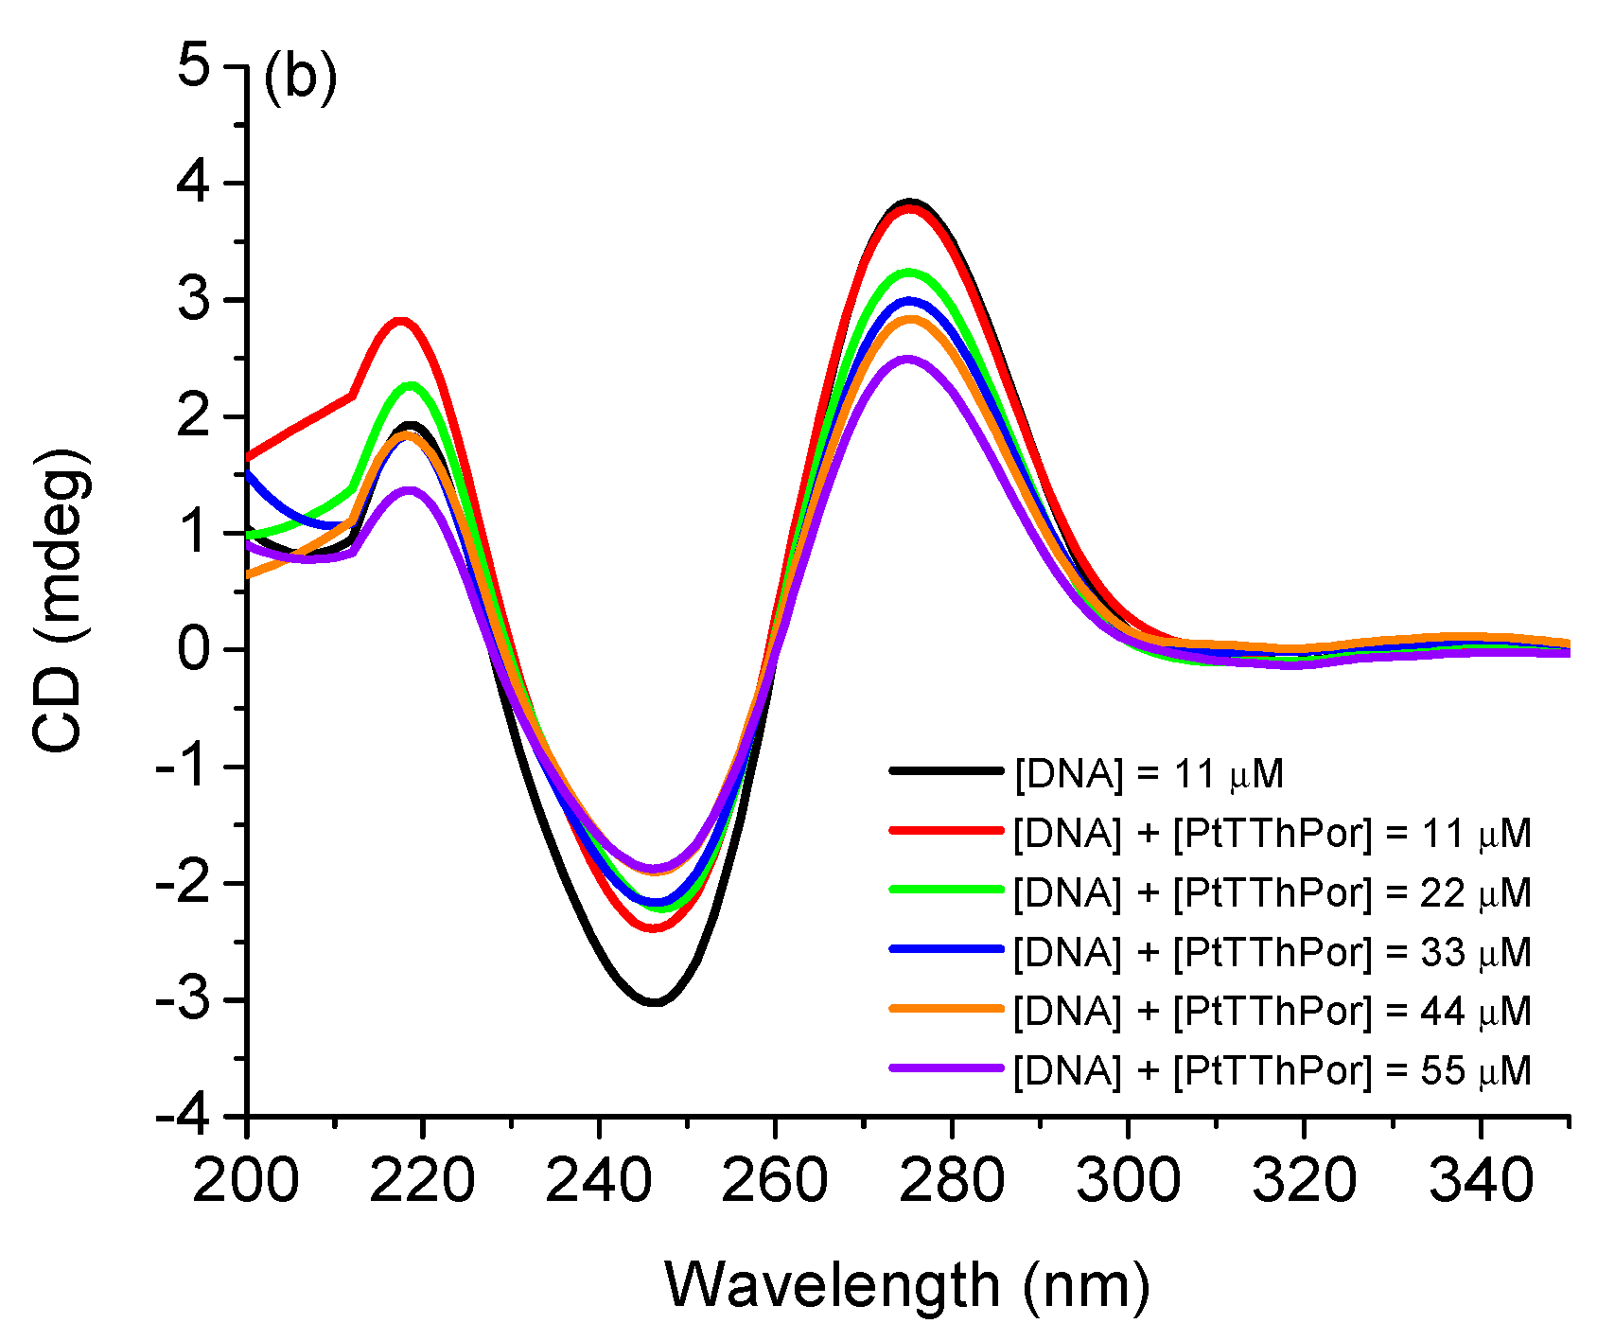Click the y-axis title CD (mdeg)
tap(61, 602)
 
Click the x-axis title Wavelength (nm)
tap(906, 1285)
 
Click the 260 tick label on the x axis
tap(774, 1181)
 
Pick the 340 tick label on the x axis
tap(1480, 1181)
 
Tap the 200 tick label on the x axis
tap(246, 1181)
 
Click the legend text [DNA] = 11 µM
tap(1149, 774)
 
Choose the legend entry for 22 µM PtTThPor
tap(1271, 892)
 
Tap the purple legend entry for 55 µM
tap(1271, 1069)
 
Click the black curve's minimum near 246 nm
tap(654, 1002)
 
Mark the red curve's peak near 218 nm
tap(401, 321)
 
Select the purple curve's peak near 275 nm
tap(908, 359)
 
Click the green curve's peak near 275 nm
tap(909, 273)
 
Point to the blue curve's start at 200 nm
tap(248, 471)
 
